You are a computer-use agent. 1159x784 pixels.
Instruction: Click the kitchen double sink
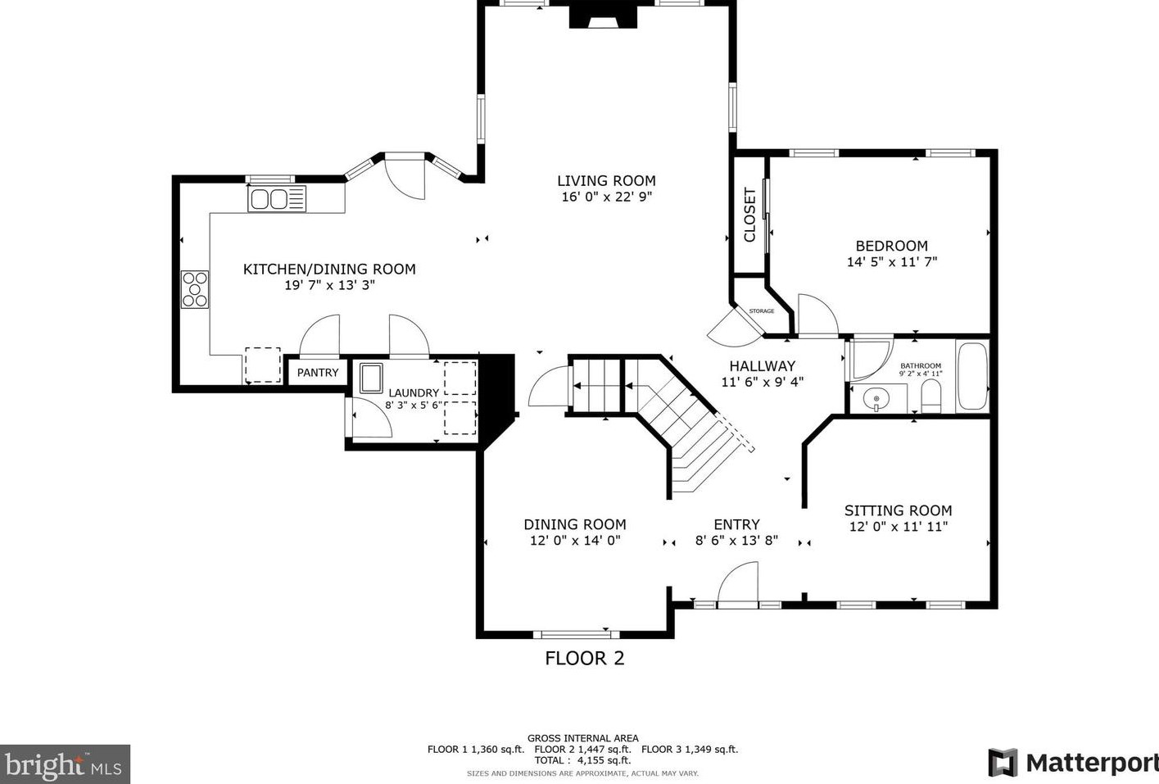click(x=277, y=199)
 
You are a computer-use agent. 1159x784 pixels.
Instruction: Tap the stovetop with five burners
click(x=195, y=289)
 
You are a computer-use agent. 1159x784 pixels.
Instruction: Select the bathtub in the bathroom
click(x=973, y=376)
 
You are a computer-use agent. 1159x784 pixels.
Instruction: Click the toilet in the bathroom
click(x=931, y=397)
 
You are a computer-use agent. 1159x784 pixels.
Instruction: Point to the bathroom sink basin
click(x=876, y=400)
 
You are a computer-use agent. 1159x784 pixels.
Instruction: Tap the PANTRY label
click(x=318, y=373)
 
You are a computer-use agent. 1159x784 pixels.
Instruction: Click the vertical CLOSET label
click(x=749, y=215)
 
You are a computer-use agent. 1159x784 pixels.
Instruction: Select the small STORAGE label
click(x=762, y=311)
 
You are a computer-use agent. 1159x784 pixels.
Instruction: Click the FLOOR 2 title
click(x=585, y=659)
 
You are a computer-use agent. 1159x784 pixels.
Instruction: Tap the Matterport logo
click(x=1074, y=763)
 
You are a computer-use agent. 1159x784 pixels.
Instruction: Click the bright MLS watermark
click(x=65, y=764)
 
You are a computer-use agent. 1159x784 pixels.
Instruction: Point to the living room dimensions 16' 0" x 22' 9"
click(x=606, y=197)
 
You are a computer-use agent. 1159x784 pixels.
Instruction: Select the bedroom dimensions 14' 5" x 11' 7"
click(x=892, y=262)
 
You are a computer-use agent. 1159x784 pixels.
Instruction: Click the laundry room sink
click(x=371, y=378)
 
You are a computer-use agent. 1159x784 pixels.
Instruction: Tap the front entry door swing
click(x=737, y=584)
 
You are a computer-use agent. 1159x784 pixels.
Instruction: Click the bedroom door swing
click(x=817, y=315)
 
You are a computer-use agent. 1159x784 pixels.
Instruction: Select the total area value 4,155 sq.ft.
click(x=604, y=760)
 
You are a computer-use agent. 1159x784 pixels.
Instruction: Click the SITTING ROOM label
click(x=899, y=510)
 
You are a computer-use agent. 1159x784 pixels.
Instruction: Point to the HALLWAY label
click(x=762, y=366)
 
